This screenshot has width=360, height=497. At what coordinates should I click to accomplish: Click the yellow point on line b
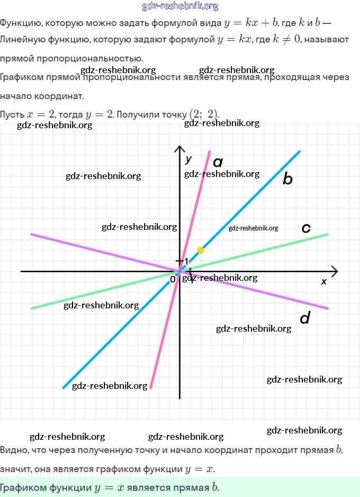(x=201, y=250)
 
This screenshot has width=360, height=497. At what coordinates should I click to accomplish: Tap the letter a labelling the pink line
(x=218, y=162)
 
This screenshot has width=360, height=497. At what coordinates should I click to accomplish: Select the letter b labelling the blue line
(x=287, y=179)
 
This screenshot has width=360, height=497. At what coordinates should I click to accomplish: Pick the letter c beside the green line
(x=305, y=228)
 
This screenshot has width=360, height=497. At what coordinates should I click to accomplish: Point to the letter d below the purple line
(x=304, y=318)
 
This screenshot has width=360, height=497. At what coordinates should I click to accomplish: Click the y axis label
(x=188, y=158)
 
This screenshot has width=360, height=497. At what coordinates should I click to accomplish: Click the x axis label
(x=324, y=281)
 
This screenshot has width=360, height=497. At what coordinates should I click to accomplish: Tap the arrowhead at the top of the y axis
(x=180, y=149)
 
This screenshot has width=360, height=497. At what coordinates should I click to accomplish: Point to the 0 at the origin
(x=173, y=279)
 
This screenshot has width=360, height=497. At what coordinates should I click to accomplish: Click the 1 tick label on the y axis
(x=185, y=261)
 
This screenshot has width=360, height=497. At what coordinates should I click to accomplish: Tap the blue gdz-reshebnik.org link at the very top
(x=180, y=6)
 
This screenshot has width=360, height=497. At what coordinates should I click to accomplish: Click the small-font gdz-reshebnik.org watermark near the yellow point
(x=253, y=228)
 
